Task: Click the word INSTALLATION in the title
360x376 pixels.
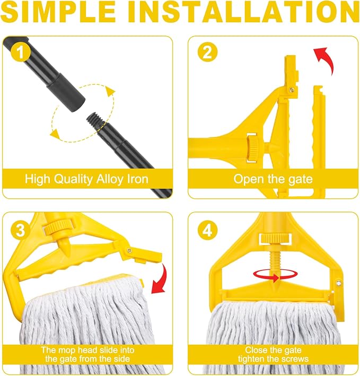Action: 243,11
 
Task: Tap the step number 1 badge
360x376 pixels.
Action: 20,52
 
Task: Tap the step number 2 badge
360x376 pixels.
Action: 207,52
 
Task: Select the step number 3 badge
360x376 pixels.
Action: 20,230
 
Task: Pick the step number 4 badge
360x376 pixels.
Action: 207,230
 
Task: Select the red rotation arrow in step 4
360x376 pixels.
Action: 276,275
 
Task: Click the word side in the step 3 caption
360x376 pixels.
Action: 121,359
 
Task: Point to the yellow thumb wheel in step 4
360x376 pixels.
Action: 275,238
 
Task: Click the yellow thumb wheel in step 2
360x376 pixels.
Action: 252,148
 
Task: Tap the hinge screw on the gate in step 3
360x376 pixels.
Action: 129,251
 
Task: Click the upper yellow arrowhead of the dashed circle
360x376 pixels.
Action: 110,92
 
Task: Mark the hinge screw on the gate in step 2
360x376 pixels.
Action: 292,90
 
